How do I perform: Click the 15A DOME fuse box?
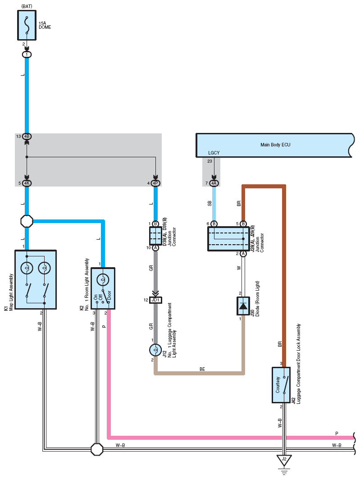[27, 25]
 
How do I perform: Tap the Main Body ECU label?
[275, 145]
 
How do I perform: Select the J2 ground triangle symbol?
[284, 460]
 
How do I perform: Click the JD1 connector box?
[155, 300]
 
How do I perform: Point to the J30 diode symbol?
[243, 306]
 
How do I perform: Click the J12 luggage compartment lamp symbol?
[155, 350]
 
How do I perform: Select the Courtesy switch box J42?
[281, 385]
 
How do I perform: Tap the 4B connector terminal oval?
[27, 136]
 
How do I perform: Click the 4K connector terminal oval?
[27, 183]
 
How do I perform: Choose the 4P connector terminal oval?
[155, 183]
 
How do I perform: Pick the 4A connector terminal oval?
[214, 183]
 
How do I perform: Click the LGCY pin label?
[214, 153]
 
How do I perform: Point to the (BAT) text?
[27, 6]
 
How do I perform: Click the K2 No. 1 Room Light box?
[103, 289]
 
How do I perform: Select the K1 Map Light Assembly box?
[36, 280]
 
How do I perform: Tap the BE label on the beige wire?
[202, 370]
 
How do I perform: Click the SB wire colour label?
[210, 204]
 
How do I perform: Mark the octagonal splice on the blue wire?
[27, 221]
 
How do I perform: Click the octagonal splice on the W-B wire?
[97, 449]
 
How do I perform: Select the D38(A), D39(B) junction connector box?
[155, 236]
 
